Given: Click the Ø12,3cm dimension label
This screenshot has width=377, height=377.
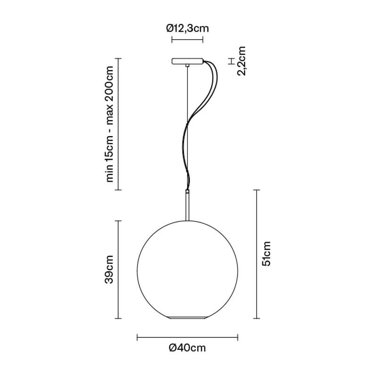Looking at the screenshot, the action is pyautogui.click(x=188, y=29).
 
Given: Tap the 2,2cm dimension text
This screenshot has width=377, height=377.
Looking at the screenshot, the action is pyautogui.click(x=241, y=61).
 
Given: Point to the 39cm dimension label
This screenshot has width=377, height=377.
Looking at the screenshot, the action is pyautogui.click(x=109, y=270).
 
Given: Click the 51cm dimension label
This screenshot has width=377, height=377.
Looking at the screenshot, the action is pyautogui.click(x=266, y=254).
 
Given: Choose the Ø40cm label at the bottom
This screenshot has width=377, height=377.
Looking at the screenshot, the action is pyautogui.click(x=187, y=348).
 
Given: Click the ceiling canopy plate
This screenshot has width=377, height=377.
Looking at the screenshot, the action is pyautogui.click(x=187, y=61).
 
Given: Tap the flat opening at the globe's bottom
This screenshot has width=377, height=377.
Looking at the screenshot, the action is pyautogui.click(x=187, y=318).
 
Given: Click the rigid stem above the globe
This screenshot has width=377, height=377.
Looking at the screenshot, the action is pyautogui.click(x=187, y=205).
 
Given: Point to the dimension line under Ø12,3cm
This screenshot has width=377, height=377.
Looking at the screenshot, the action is pyautogui.click(x=187, y=40).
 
